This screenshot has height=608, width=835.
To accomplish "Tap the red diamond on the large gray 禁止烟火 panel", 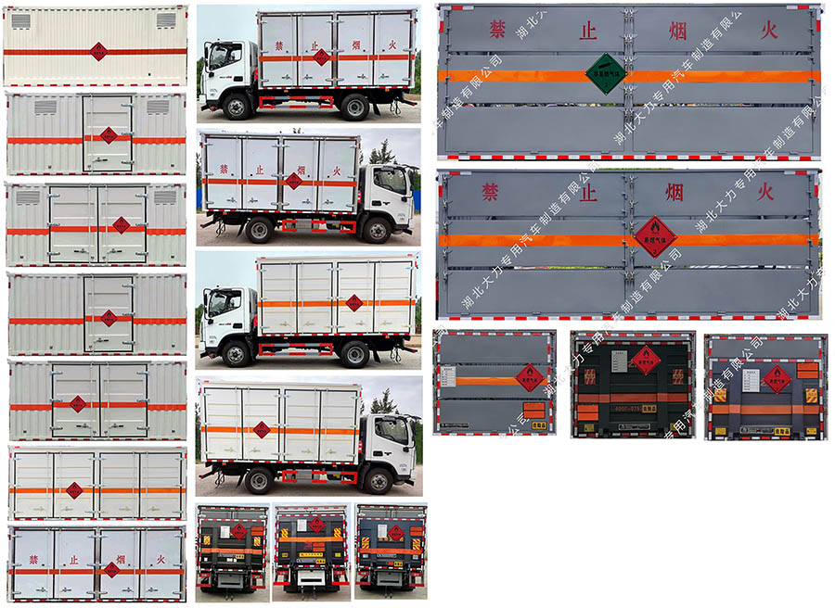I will click(655, 236).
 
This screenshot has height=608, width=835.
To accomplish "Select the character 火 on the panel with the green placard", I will click(766, 31).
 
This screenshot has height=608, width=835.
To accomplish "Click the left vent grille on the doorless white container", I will click(20, 20).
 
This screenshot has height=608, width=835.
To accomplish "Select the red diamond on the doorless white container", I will click(97, 51).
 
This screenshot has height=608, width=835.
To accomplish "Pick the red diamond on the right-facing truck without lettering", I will click(262, 429).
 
